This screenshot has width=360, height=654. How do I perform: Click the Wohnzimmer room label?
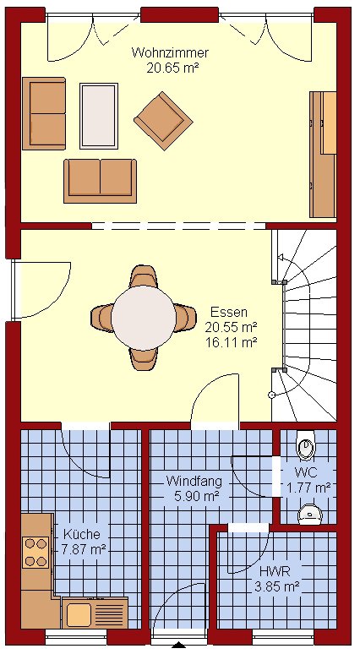tap(170, 53)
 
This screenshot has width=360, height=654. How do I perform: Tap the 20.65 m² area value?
tap(171, 68)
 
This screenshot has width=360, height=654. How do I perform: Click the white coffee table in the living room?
tap(99, 116)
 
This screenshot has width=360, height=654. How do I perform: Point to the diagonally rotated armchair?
tap(163, 121)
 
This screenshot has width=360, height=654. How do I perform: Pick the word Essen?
tap(229, 312)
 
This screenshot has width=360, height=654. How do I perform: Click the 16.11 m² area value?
tap(231, 342)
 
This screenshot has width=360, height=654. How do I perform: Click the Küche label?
tap(82, 534)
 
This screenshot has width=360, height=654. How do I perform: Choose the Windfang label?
tap(194, 481)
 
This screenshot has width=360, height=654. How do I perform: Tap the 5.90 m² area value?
tap(194, 496)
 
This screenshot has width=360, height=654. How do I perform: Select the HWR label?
tap(275, 571)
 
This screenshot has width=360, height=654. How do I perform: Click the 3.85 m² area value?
tap(276, 587)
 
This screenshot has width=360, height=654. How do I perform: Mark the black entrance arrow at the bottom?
tap(179, 646)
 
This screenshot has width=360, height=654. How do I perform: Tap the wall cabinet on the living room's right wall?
tap(323, 155)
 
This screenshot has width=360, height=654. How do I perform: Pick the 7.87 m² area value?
tap(84, 549)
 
